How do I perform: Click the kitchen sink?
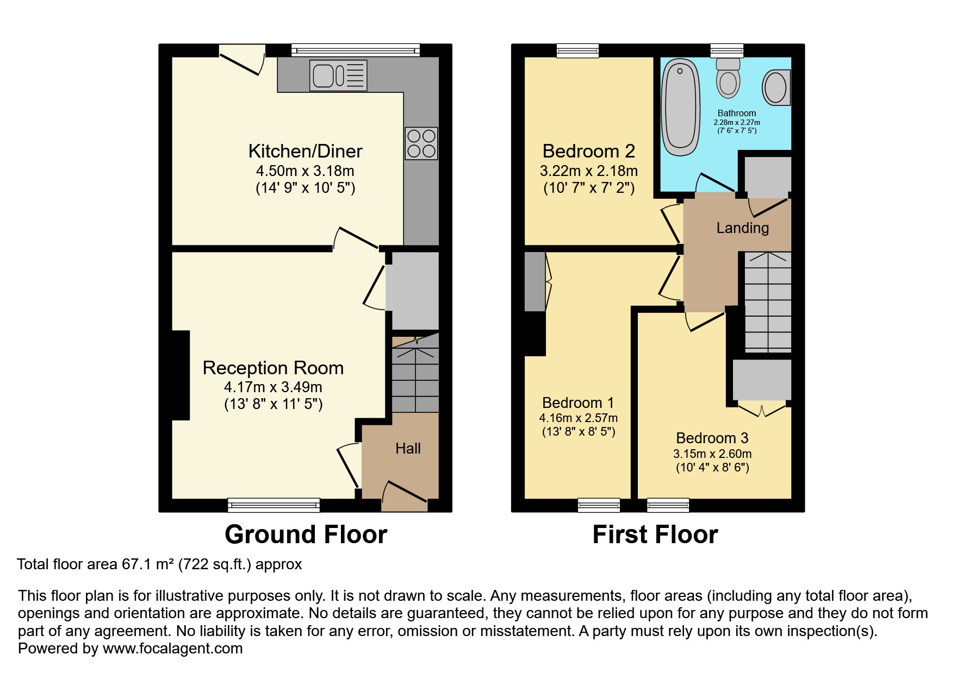[338, 75]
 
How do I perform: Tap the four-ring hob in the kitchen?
[421, 143]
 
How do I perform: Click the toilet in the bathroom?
[728, 78]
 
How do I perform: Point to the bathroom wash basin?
[776, 87]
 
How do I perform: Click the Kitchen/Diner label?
[305, 151]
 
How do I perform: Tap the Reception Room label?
[273, 368]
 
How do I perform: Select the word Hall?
[408, 448]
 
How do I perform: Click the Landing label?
[742, 228]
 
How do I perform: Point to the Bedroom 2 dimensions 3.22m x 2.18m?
[588, 171]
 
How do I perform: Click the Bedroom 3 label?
[712, 438]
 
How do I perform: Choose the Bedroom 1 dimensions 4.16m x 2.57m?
[578, 418]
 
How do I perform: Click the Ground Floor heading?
[306, 534]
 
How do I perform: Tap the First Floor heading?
[655, 534]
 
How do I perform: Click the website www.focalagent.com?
[172, 649]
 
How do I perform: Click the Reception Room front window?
[274, 505]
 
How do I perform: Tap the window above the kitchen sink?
[356, 51]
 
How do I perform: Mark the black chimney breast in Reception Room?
[181, 375]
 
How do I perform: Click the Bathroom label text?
[737, 114]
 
